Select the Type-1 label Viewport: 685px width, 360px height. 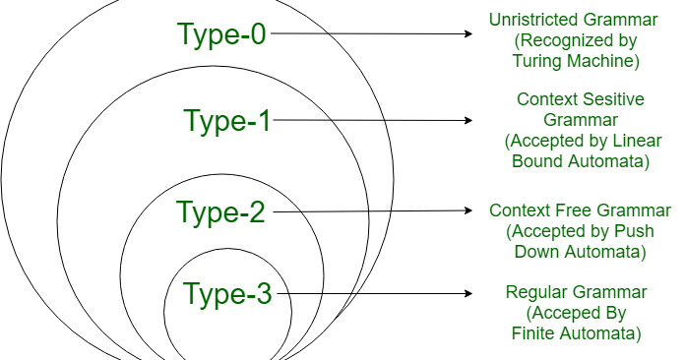(227, 121)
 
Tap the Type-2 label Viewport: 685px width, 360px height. (221, 211)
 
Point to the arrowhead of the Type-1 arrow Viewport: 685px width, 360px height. (470, 121)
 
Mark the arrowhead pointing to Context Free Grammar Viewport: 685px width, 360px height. (470, 210)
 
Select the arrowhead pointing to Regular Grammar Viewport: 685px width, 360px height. (470, 292)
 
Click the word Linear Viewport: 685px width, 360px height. (639, 140)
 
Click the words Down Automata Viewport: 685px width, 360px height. (579, 252)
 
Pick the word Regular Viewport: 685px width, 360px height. (537, 292)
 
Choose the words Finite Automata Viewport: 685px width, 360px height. (577, 333)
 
